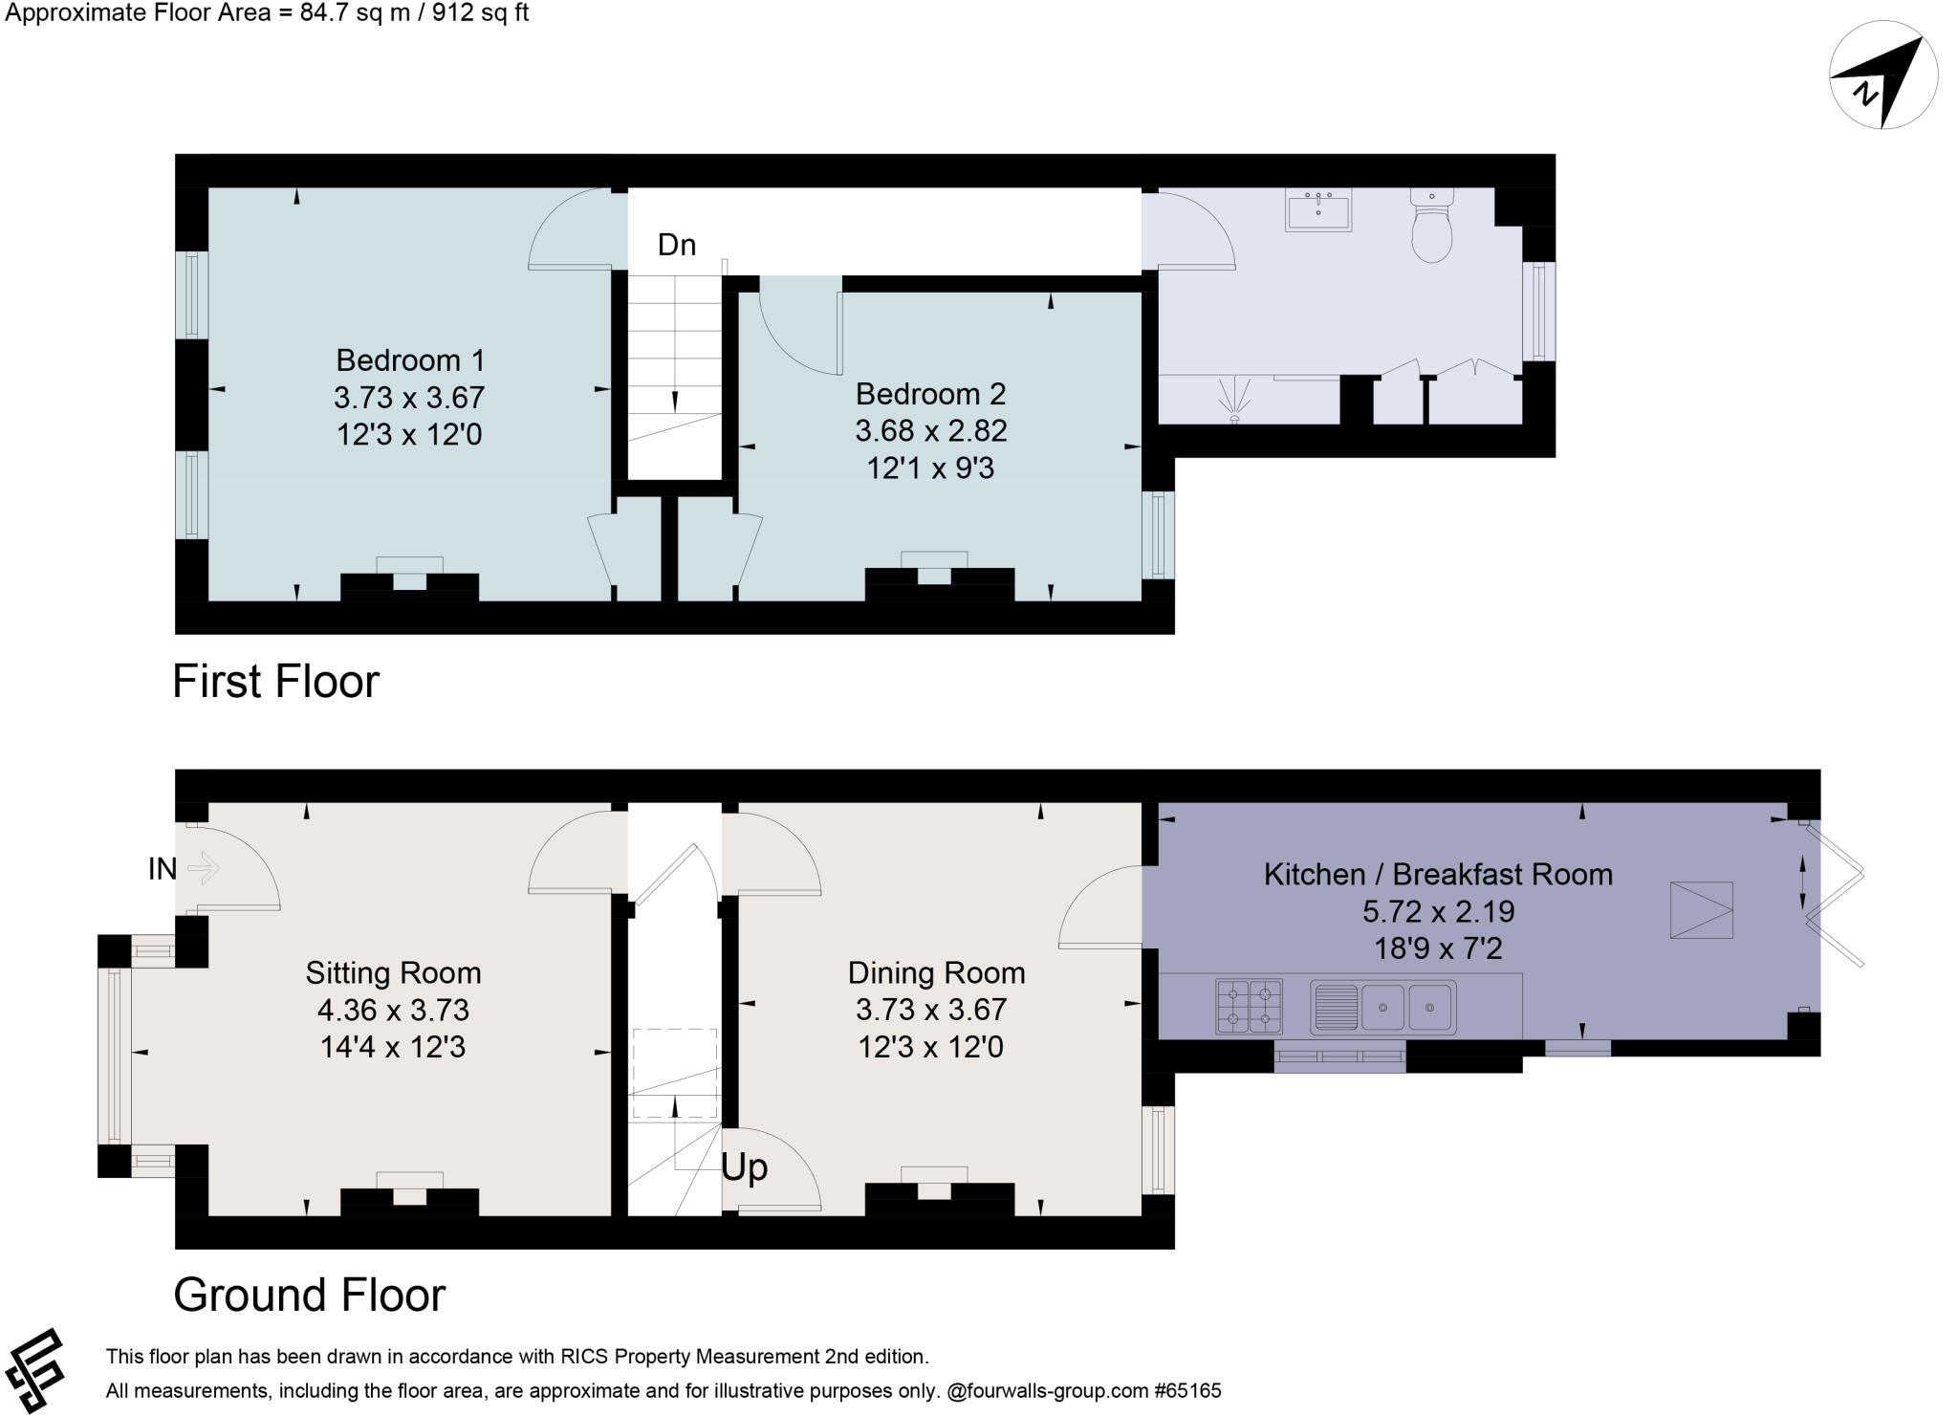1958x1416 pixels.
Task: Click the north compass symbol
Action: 1882,76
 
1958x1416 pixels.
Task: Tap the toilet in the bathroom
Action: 1431,226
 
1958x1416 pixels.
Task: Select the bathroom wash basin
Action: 1318,210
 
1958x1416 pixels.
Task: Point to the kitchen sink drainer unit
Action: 1383,1007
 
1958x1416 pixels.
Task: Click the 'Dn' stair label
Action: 676,245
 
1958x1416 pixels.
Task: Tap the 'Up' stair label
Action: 744,1167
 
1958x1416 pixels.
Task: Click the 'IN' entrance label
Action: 163,869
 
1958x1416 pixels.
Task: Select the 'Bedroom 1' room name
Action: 410,360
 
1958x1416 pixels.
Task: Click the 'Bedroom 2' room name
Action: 930,394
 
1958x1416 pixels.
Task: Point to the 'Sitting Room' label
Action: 393,973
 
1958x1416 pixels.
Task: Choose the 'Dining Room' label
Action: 936,973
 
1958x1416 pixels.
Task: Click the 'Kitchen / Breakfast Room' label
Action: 1438,874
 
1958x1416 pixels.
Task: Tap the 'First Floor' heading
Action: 275,682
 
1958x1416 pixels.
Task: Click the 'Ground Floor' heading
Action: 309,1295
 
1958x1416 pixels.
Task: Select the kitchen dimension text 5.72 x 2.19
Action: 1438,911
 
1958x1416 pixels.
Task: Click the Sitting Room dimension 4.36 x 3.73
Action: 393,1010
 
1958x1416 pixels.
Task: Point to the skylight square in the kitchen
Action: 1701,909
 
